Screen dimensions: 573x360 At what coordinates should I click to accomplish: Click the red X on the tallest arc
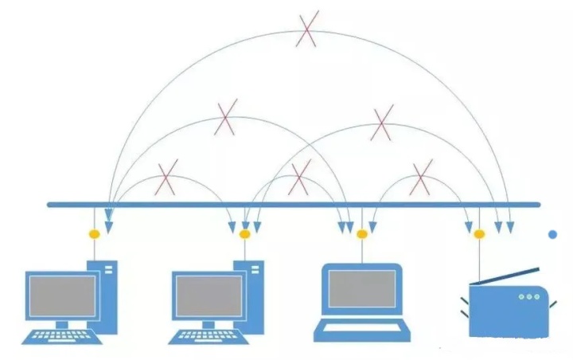[306, 31]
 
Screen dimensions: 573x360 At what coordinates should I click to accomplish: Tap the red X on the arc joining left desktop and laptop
[226, 118]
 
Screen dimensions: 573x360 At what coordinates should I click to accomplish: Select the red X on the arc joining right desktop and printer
[383, 123]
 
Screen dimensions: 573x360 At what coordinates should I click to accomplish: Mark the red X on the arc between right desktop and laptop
[298, 178]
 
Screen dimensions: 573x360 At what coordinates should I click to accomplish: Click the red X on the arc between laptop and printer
[421, 176]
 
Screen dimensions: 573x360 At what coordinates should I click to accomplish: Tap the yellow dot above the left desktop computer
[94, 234]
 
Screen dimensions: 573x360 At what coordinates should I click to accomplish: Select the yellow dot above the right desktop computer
[244, 234]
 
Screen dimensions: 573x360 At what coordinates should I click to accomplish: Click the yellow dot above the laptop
[362, 234]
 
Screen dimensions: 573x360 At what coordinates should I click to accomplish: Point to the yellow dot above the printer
[479, 234]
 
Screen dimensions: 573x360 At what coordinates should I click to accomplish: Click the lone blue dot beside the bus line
[553, 234]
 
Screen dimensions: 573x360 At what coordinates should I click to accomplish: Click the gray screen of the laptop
[362, 288]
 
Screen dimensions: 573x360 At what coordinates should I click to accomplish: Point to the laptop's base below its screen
[362, 327]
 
